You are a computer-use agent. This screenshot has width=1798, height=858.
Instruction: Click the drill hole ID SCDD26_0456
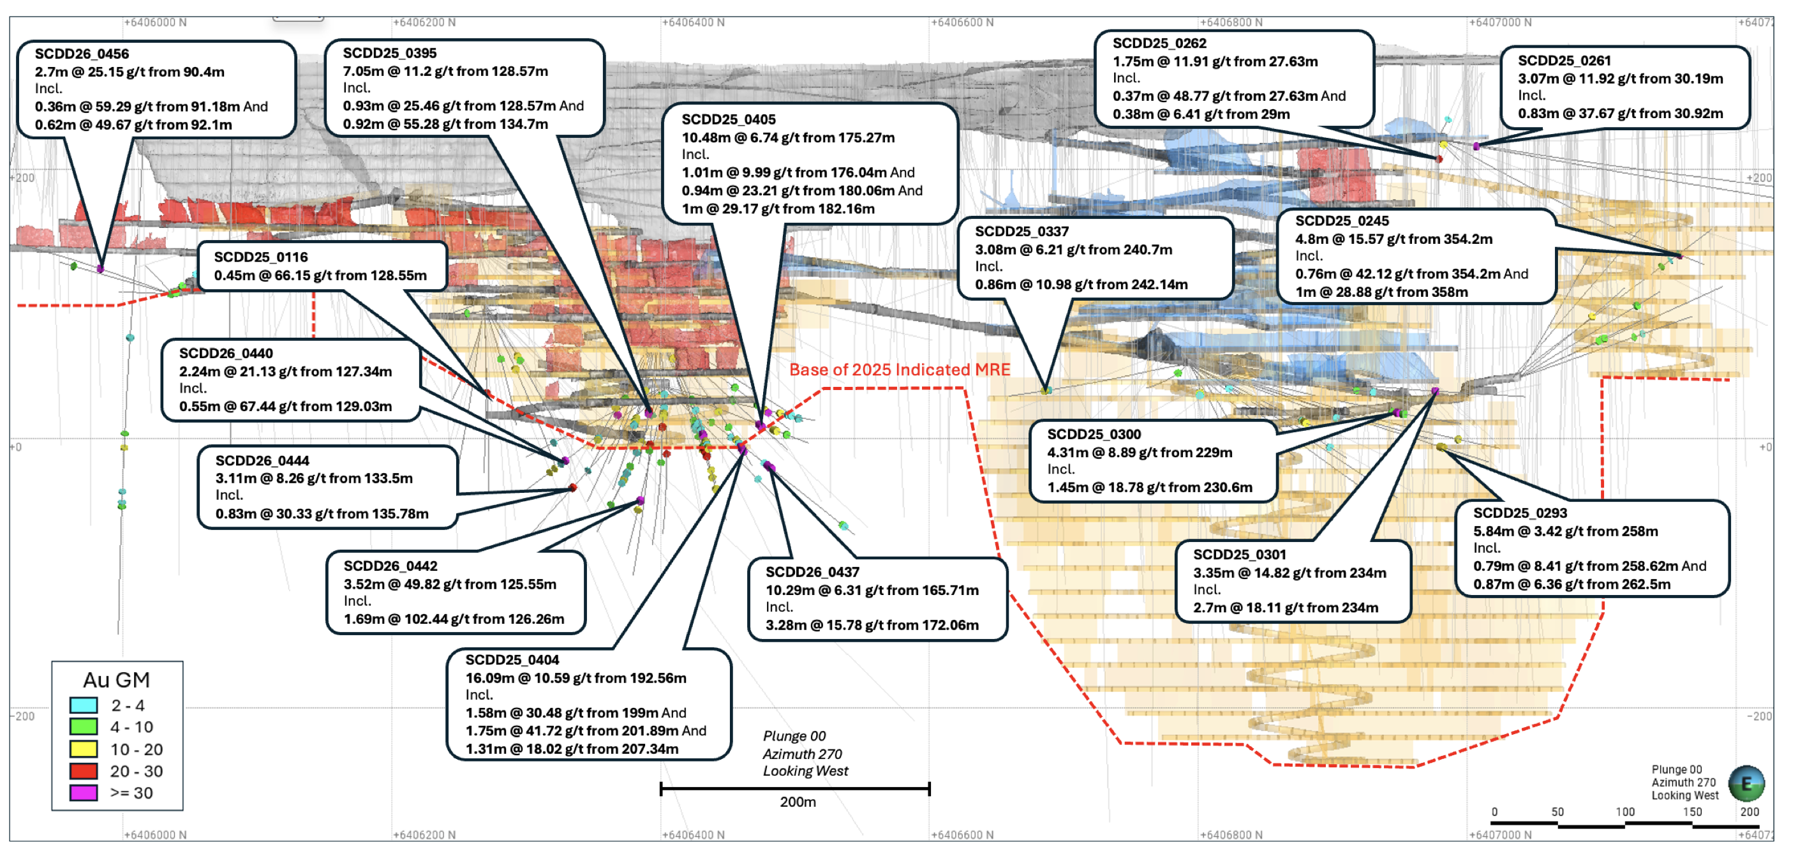coord(82,54)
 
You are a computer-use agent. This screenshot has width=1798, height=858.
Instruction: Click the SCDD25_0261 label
coord(1564,61)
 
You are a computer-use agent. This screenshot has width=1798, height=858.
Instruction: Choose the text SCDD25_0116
coord(260,257)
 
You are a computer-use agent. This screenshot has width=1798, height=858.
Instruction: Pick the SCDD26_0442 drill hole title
coord(390,566)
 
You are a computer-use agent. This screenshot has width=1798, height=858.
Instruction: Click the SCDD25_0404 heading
coord(512,659)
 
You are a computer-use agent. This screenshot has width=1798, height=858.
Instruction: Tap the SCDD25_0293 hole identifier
coord(1520,513)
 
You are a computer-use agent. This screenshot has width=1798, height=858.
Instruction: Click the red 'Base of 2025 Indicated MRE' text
coord(900,370)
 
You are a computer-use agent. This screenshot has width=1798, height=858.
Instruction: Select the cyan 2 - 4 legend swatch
coord(83,705)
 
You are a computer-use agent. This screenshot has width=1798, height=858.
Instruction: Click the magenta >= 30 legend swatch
coord(83,793)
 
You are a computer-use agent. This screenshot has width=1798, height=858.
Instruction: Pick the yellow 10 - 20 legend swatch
coord(83,749)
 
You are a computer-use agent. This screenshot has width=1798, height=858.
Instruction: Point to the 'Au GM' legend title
coord(117,680)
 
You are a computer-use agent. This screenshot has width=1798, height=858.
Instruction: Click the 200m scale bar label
coord(798,802)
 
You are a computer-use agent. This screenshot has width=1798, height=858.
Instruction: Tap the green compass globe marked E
coord(1746,783)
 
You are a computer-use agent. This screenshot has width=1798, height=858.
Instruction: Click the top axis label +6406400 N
coord(693,22)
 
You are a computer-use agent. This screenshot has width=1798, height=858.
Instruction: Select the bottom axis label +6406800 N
coord(1231,835)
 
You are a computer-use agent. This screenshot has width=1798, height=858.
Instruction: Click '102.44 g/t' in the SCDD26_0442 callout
coord(433,619)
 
